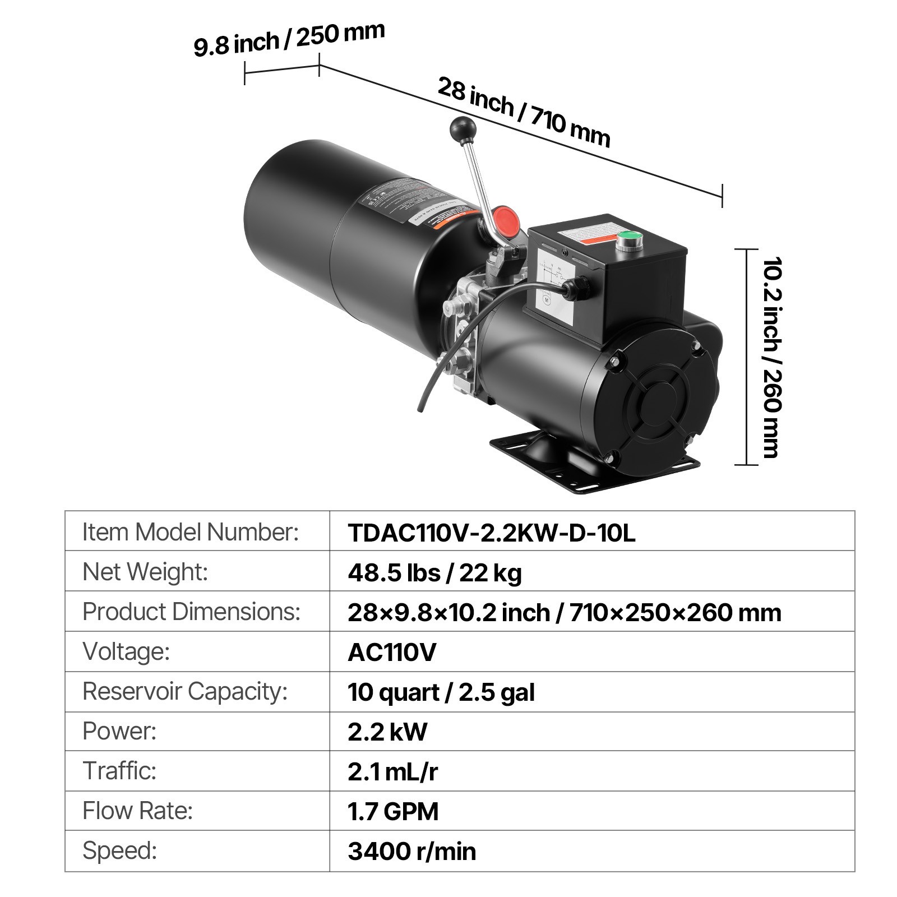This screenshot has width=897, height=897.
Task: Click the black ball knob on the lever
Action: point(462,130)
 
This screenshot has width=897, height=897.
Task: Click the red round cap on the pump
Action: point(505,221)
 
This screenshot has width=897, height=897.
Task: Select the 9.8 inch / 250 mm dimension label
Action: point(289,39)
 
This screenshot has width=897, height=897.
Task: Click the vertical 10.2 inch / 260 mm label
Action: point(772,357)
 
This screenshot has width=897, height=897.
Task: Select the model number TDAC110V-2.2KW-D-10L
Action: point(491,533)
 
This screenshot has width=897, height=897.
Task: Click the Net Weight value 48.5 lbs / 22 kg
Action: point(434,572)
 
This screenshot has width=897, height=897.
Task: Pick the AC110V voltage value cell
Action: point(392,652)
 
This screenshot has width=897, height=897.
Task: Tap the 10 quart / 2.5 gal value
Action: point(441,692)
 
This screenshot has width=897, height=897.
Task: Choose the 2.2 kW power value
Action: point(387,732)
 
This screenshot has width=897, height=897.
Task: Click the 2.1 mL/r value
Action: point(392,771)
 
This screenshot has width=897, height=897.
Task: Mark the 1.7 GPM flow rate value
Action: point(393,811)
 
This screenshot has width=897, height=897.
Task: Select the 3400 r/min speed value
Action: point(411,851)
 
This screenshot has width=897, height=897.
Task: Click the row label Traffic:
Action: point(119,771)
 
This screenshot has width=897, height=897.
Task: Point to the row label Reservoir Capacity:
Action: point(185,691)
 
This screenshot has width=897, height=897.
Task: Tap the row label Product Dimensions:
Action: point(191,612)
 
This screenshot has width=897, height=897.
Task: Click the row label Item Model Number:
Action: point(191,532)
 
